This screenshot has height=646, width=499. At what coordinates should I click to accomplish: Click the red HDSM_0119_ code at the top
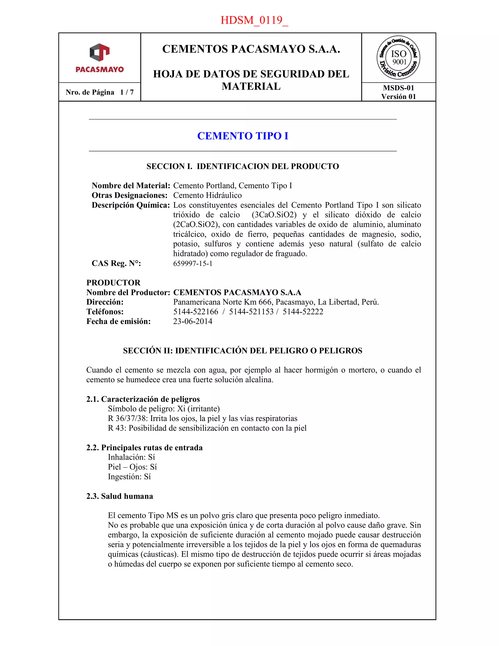click(x=254, y=20)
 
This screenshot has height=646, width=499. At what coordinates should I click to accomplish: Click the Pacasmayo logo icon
click(x=100, y=53)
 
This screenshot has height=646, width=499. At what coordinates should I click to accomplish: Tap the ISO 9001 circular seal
click(x=398, y=58)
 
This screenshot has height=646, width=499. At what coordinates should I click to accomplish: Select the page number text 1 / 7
click(x=127, y=92)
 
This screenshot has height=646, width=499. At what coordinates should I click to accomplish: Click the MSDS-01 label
click(x=398, y=88)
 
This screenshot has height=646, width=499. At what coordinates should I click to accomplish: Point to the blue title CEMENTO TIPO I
click(x=242, y=136)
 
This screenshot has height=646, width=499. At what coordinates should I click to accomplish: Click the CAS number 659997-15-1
click(x=193, y=263)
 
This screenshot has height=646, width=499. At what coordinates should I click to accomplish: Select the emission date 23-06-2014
click(x=193, y=321)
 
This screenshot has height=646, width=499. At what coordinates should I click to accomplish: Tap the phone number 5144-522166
click(x=196, y=312)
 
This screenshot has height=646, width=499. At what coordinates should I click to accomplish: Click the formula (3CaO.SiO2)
click(x=274, y=215)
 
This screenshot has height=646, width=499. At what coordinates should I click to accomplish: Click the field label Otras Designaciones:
click(x=129, y=195)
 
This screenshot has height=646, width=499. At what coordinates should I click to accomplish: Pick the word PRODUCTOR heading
click(x=113, y=283)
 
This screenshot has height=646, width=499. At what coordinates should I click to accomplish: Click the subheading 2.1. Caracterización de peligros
click(x=143, y=399)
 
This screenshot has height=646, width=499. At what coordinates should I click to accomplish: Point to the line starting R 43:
click(x=207, y=428)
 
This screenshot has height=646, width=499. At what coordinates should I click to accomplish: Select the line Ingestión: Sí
click(x=129, y=477)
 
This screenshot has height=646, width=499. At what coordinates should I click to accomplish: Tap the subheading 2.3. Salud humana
click(x=119, y=496)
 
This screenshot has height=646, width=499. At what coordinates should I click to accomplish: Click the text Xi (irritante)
click(x=198, y=409)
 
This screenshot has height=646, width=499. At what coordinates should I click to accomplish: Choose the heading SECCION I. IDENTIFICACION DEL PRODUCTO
click(x=242, y=166)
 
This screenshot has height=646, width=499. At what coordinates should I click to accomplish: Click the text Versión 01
click(x=398, y=97)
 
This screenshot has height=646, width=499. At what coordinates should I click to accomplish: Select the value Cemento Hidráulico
click(x=207, y=195)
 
